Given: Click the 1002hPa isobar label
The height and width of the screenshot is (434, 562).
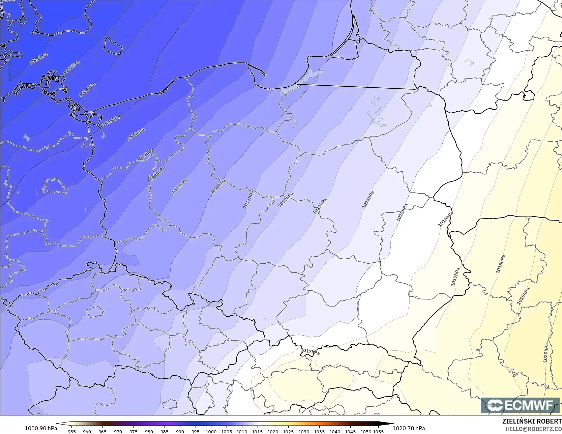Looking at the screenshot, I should pyautogui.click(x=38, y=59).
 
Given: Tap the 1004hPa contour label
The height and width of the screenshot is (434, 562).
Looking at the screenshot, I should pyautogui.click(x=87, y=90).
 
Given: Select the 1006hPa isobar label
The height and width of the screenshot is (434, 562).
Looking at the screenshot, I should pyautogui.click(x=136, y=134).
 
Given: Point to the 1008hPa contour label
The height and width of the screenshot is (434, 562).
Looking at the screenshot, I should pyautogui.click(x=157, y=174).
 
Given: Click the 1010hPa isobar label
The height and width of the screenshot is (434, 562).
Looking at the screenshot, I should pyautogui.click(x=217, y=186).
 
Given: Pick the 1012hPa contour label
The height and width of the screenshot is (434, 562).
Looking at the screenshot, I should pyautogui.click(x=286, y=199).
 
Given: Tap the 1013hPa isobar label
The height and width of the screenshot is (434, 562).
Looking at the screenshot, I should pyautogui.click(x=320, y=206).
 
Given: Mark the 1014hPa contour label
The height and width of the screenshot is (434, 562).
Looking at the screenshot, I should pyautogui.click(x=368, y=200).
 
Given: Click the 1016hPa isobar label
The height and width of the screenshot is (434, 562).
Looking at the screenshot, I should pyautogui.click(x=445, y=219).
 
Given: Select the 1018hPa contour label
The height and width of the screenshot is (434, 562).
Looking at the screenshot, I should pyautogui.click(x=501, y=264).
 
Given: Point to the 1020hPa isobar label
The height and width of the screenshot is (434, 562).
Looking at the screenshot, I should pyautogui.click(x=546, y=353).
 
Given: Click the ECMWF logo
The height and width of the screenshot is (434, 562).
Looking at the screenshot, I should pyautogui.click(x=520, y=405).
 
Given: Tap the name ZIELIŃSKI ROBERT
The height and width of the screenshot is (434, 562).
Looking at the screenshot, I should pyautogui.click(x=532, y=422).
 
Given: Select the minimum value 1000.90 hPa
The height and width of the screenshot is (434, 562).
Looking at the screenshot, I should pyautogui.click(x=41, y=428).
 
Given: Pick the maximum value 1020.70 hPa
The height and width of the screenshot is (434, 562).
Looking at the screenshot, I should pyautogui.click(x=409, y=428).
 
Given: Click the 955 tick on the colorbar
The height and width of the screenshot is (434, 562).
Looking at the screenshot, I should pyautogui.click(x=72, y=431).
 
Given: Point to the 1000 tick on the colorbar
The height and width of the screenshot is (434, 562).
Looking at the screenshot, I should pyautogui.click(x=211, y=431).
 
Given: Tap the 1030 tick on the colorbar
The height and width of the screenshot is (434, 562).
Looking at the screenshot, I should pyautogui.click(x=304, y=431).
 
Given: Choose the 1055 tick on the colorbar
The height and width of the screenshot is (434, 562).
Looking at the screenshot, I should pyautogui.click(x=378, y=431).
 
